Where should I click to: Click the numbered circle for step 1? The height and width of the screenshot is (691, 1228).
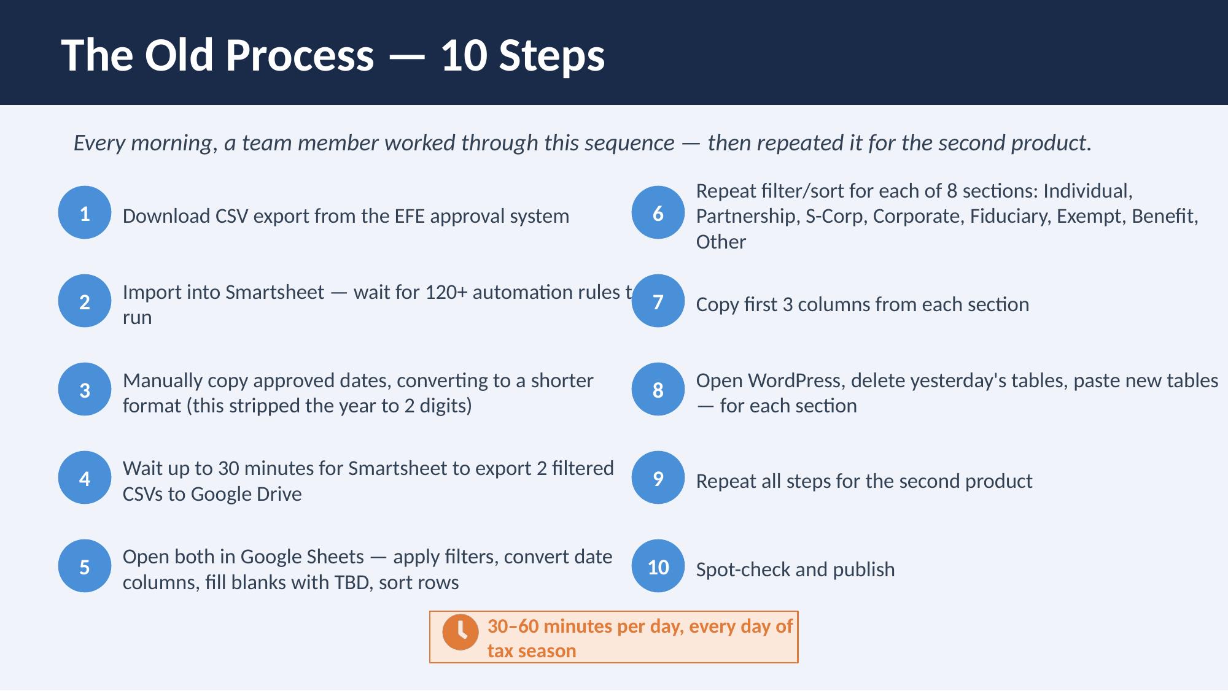coord(85,213)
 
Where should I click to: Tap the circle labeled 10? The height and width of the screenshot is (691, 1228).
coord(658,566)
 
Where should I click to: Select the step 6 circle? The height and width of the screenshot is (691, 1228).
coord(658,213)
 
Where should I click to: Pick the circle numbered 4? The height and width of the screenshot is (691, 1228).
coord(85,478)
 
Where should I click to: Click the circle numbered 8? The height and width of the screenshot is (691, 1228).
coord(658,390)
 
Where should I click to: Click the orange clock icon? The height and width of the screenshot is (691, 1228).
coord(460,631)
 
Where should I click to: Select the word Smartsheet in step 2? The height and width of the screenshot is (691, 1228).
coord(274,292)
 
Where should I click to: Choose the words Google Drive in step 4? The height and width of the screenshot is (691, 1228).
coord(246,494)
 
